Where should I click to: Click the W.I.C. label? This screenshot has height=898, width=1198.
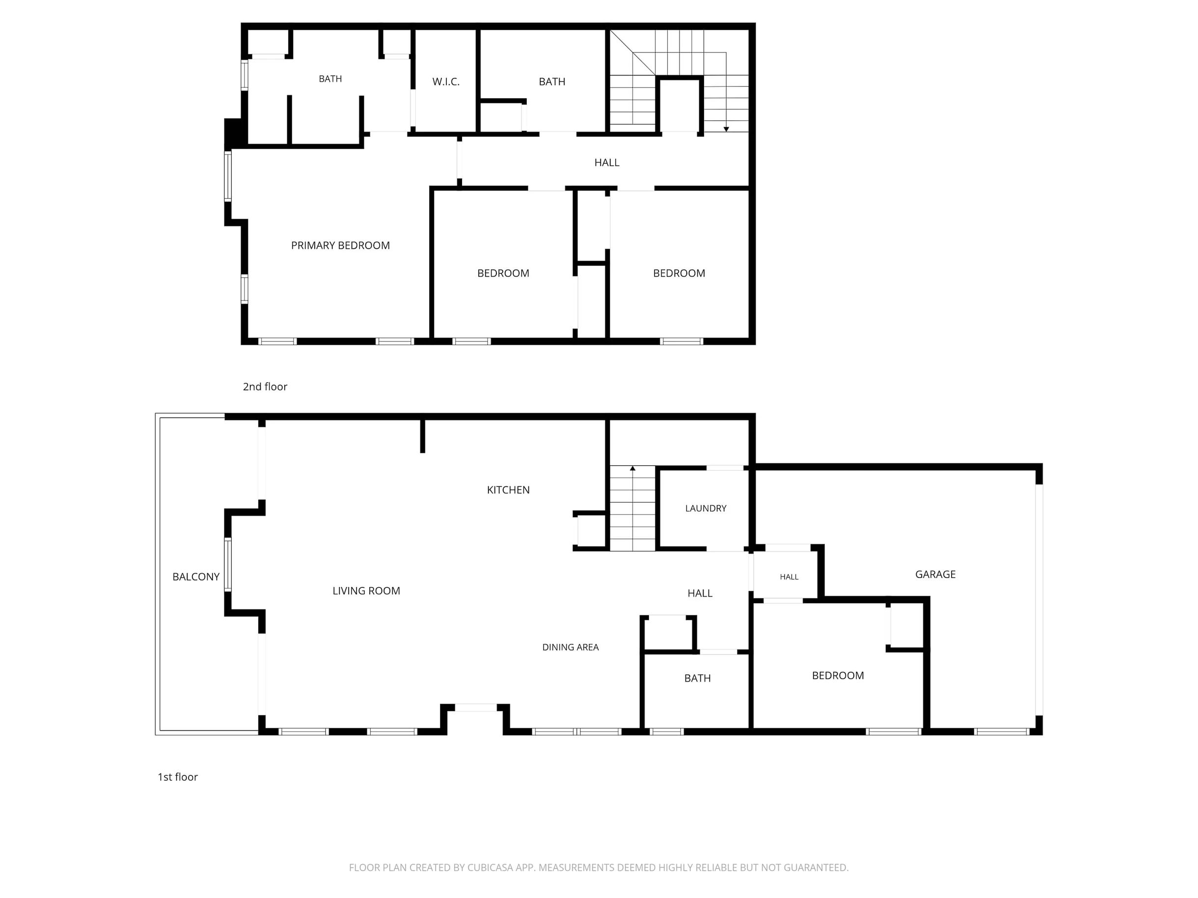click(x=446, y=82)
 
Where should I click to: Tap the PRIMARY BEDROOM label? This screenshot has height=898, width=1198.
click(x=340, y=245)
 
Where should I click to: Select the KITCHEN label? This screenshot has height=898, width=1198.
click(x=508, y=490)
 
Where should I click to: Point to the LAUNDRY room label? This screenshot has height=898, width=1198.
click(x=706, y=508)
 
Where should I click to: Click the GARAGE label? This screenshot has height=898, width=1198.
click(x=935, y=574)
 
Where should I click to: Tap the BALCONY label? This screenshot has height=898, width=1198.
click(x=195, y=577)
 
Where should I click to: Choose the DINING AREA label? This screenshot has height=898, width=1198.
click(x=571, y=647)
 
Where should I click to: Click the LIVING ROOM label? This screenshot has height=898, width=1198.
click(x=366, y=591)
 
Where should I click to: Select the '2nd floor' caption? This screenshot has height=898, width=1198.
click(x=265, y=387)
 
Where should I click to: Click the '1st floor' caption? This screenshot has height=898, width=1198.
click(x=178, y=777)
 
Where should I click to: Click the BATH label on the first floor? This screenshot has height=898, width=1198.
click(x=698, y=678)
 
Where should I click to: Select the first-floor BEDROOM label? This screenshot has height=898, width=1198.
click(x=838, y=676)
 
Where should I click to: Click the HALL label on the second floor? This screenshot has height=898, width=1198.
click(x=606, y=162)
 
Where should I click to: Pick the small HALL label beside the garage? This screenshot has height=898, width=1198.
click(x=789, y=577)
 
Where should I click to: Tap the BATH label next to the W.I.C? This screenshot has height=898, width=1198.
click(x=552, y=82)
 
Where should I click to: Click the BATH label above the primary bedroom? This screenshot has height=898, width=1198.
click(x=330, y=79)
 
